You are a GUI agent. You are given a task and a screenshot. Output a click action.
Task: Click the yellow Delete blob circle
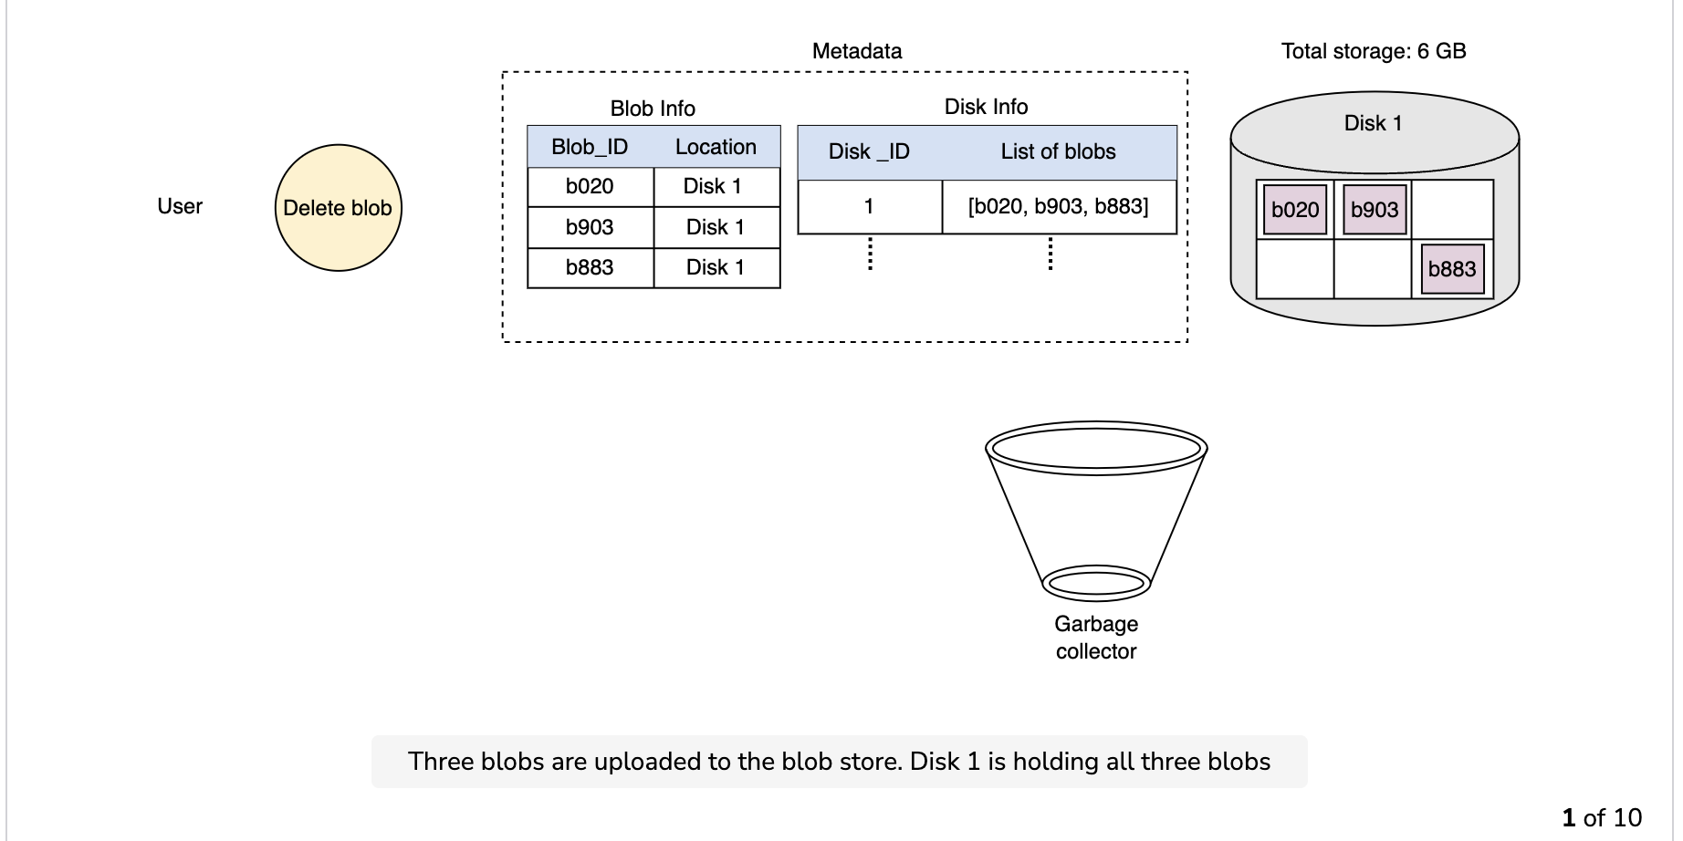coord(339,208)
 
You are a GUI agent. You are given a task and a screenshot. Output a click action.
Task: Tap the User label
coord(180,206)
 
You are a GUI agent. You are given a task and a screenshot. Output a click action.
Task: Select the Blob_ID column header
coord(590,147)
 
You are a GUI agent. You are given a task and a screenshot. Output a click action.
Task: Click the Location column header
coord(716,147)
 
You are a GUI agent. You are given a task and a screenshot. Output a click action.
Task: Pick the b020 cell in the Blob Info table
coord(591,187)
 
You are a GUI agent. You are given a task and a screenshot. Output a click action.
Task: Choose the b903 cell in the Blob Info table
coord(591,227)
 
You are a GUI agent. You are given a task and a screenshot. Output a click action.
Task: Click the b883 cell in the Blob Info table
coord(591,267)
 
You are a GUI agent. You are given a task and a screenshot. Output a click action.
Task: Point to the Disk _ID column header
coord(869,151)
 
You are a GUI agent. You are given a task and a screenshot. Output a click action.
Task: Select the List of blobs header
coord(1059,151)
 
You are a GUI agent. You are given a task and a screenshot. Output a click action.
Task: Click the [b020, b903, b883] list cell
coord(1059,207)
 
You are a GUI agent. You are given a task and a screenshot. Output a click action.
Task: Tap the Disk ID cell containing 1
coord(870,207)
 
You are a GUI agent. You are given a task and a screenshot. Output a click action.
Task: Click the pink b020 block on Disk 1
coord(1295,210)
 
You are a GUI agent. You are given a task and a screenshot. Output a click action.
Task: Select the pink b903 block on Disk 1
coord(1375,210)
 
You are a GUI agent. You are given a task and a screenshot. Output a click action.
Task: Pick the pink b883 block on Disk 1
coord(1452,269)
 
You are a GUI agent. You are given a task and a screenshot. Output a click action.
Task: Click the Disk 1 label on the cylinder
coord(1374,123)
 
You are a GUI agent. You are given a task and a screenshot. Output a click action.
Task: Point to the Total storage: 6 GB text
coord(1374,51)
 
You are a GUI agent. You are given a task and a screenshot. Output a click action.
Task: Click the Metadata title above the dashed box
coord(857,51)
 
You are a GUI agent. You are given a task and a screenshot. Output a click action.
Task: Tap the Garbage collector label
coord(1096,638)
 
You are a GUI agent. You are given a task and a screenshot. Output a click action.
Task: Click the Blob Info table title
coord(653,109)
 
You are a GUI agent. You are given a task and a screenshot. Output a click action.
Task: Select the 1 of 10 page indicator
coord(1602,817)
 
